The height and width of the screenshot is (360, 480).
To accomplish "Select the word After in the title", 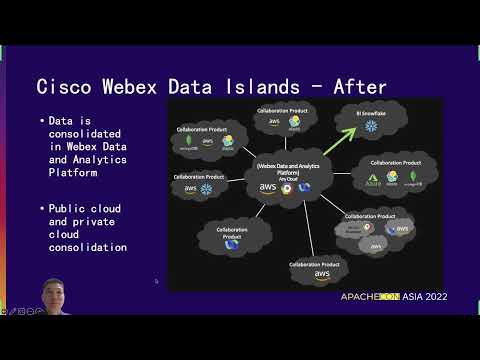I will pyautogui.click(x=355, y=87).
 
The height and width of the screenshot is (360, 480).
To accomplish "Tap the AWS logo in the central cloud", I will pyautogui.click(x=268, y=187).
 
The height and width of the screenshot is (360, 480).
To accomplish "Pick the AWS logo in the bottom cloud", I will pyautogui.click(x=322, y=274).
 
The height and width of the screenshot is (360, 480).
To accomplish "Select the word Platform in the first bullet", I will pyautogui.click(x=79, y=171).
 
